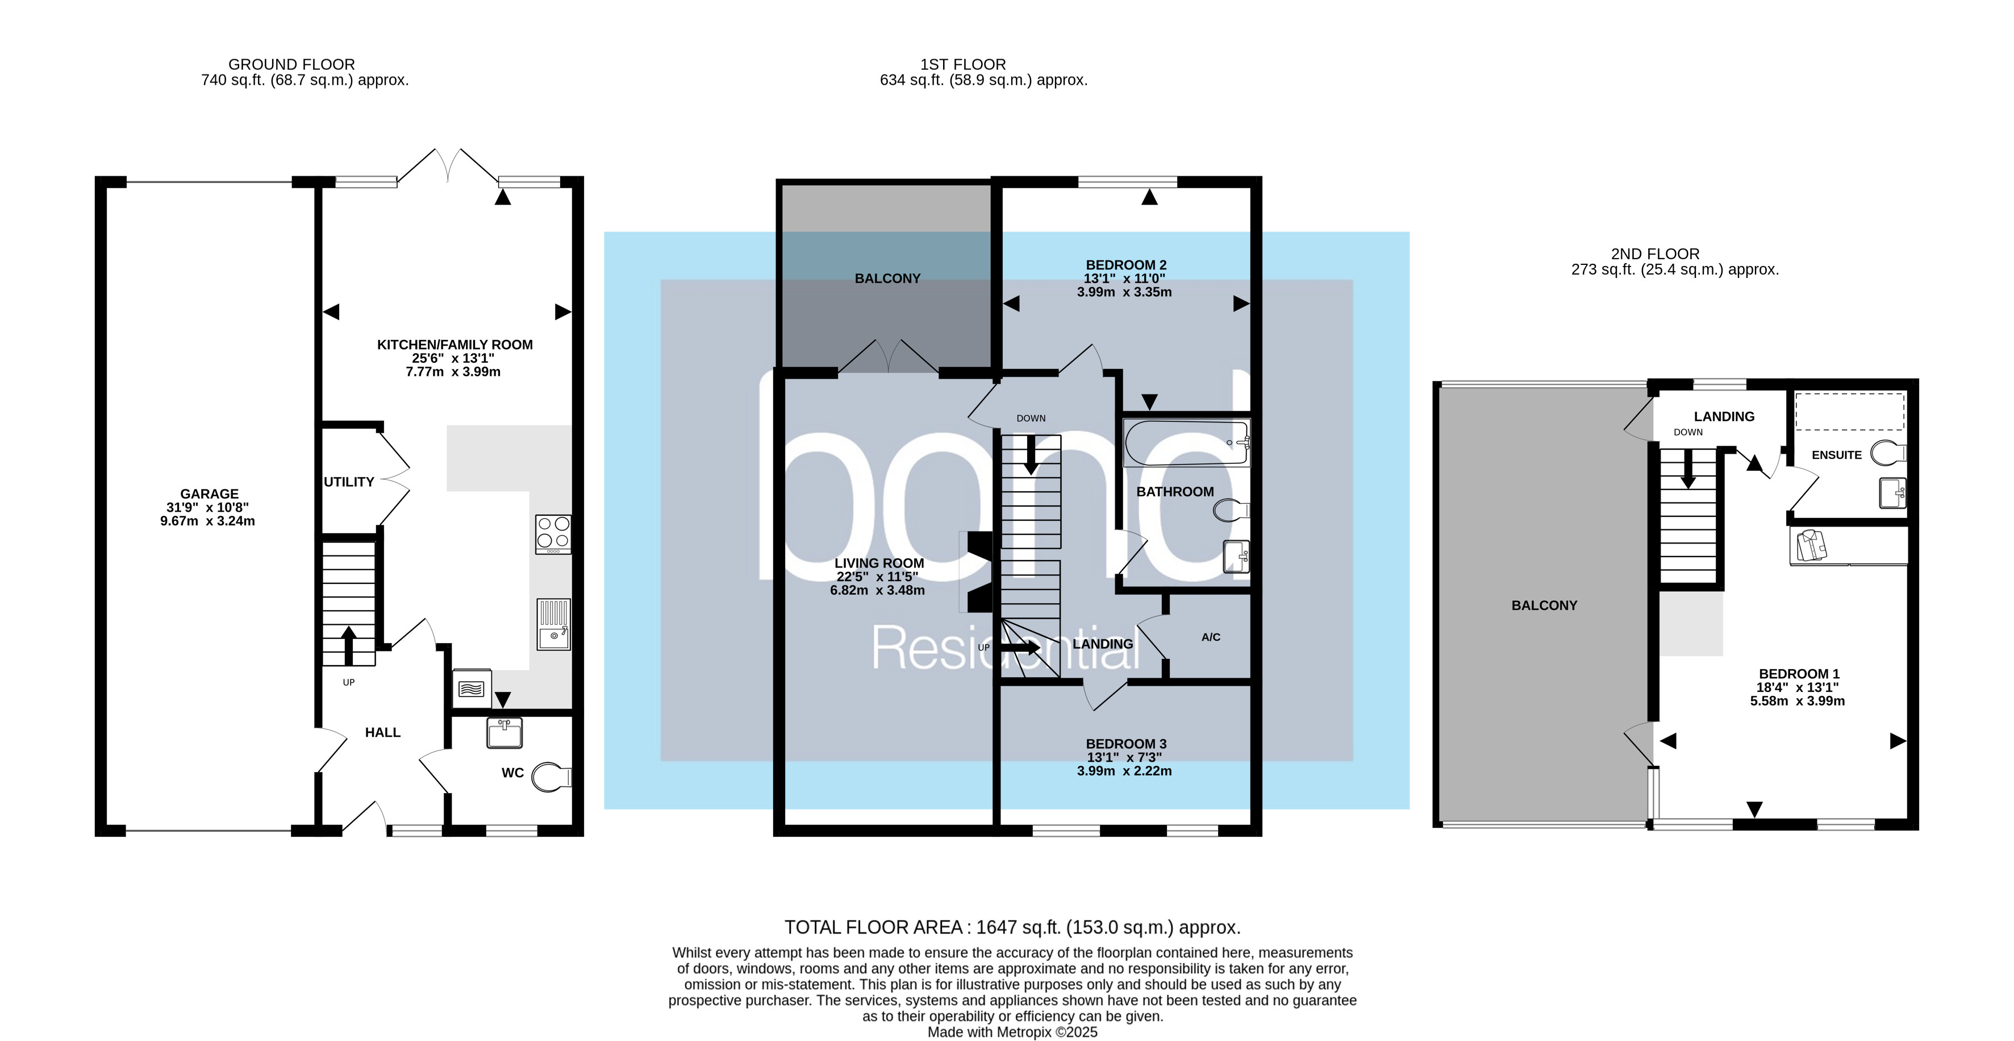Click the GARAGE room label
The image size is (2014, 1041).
pos(209,493)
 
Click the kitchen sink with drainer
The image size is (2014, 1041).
pos(553,624)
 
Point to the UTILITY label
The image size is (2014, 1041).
pos(349,482)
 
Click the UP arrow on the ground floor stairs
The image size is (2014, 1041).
pos(348,644)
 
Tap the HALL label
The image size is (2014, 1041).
pos(382,732)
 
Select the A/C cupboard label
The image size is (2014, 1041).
pos(1210,637)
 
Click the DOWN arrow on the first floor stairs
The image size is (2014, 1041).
pos(1031,455)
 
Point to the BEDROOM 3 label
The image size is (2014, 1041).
pos(1126,744)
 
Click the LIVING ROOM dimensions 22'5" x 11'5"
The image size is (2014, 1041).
pos(877,577)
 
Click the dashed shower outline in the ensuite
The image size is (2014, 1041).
pos(1849,412)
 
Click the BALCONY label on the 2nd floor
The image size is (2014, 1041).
pos(1544,604)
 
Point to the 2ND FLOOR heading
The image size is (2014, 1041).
pos(1654,254)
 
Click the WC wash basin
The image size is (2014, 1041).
pos(504,733)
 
